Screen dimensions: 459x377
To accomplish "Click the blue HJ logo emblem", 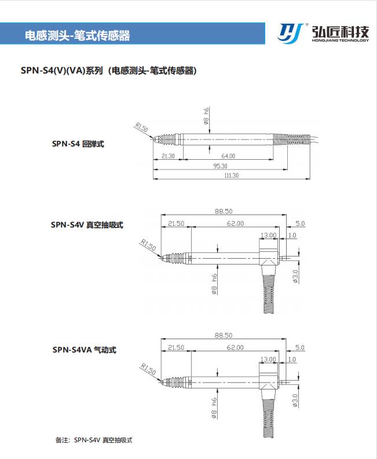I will pyautogui.click(x=291, y=32).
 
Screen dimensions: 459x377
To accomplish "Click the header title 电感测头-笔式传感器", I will pyautogui.click(x=78, y=35).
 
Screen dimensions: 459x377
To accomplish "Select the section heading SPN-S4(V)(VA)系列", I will pyautogui.click(x=62, y=71).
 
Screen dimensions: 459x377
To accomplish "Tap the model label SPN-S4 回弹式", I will pyautogui.click(x=78, y=144).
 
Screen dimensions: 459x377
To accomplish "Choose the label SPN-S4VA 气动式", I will pyautogui.click(x=84, y=350).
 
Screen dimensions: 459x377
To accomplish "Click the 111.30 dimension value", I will pyautogui.click(x=230, y=175).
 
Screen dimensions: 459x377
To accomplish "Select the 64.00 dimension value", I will pyautogui.click(x=228, y=156).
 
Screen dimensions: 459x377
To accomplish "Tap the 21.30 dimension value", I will pyautogui.click(x=168, y=156).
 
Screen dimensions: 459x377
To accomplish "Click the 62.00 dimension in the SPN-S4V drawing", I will pyautogui.click(x=235, y=223).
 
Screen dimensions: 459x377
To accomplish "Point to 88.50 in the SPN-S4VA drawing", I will pyautogui.click(x=223, y=335).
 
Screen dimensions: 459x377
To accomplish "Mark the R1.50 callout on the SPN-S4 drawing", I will pyautogui.click(x=141, y=127).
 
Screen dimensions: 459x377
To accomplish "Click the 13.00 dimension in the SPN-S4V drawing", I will pyautogui.click(x=268, y=235).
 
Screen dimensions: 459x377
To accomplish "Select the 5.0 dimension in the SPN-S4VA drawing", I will pyautogui.click(x=299, y=347).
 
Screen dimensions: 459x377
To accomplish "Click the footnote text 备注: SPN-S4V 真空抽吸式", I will pyautogui.click(x=94, y=440).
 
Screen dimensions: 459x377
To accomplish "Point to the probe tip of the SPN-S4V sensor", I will pyautogui.click(x=162, y=258).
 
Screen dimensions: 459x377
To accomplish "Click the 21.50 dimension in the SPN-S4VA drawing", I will pyautogui.click(x=175, y=347).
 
